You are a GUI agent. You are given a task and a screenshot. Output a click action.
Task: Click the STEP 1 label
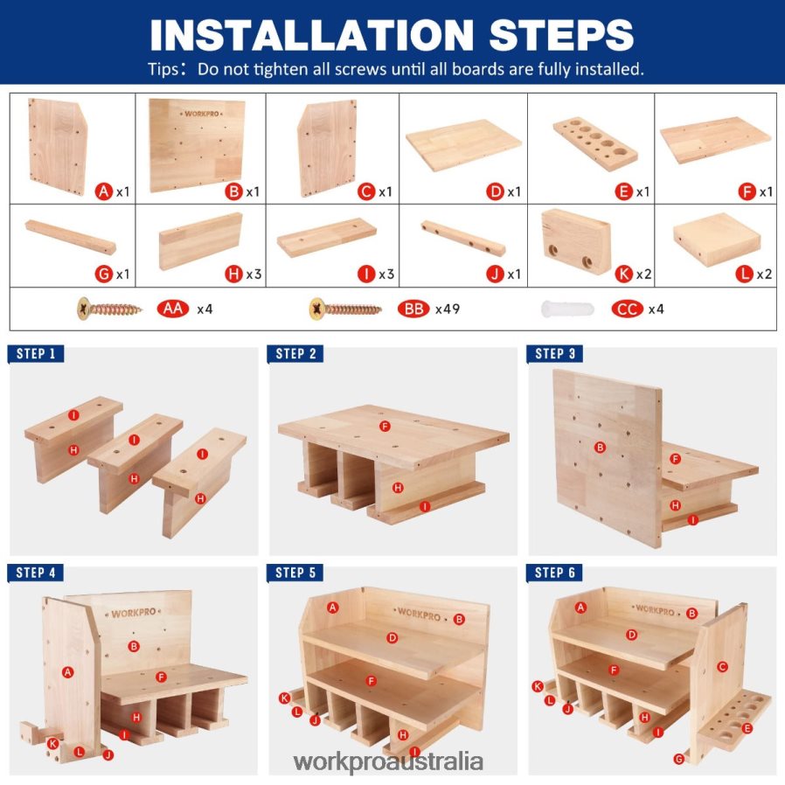pyautogui.click(x=36, y=354)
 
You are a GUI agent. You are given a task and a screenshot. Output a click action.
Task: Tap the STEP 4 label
pyautogui.click(x=36, y=573)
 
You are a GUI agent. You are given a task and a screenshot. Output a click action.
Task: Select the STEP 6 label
pyautogui.click(x=554, y=573)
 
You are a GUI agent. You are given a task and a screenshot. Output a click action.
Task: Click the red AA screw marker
pyautogui.click(x=173, y=309)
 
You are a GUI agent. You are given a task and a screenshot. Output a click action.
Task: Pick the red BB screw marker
pyautogui.click(x=413, y=309)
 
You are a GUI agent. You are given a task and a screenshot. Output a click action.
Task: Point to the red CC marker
pyautogui.click(x=627, y=309)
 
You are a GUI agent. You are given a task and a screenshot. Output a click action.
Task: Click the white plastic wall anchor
pyautogui.click(x=567, y=309)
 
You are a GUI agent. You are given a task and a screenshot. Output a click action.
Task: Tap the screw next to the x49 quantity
pyautogui.click(x=345, y=309)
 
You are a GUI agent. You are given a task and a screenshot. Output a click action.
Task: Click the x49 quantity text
pyautogui.click(x=448, y=309)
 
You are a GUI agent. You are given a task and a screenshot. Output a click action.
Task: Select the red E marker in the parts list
pyautogui.click(x=623, y=191)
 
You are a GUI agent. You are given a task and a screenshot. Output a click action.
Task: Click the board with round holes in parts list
pyautogui.click(x=595, y=144)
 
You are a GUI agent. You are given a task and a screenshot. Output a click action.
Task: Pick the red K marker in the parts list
pyautogui.click(x=623, y=274)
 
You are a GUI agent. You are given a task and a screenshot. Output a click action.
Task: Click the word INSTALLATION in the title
pyautogui.click(x=312, y=35)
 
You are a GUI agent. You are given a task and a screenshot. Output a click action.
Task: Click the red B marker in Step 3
pyautogui.click(x=600, y=447)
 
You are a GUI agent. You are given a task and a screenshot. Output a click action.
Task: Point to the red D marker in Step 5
pyautogui.click(x=392, y=638)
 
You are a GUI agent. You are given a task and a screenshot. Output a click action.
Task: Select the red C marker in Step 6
pyautogui.click(x=721, y=666)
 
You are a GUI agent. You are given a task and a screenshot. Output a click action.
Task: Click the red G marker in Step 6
pyautogui.click(x=678, y=759)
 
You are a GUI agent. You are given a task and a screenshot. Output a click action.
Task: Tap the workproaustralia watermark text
pyautogui.click(x=388, y=762)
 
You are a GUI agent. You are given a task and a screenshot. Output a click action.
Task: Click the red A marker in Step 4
pyautogui.click(x=67, y=672)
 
